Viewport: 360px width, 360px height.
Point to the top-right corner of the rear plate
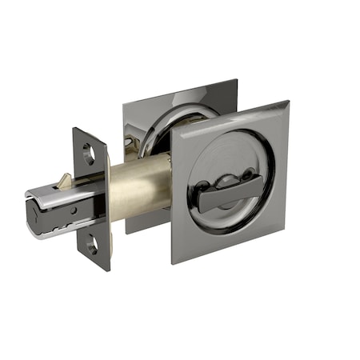coord(238,80)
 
